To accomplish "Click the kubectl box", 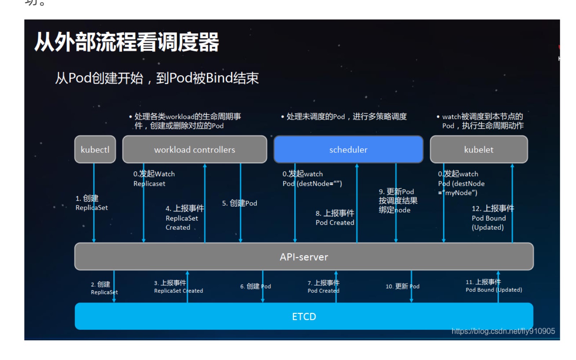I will pyautogui.click(x=95, y=149).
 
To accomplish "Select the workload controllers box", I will pyautogui.click(x=195, y=149).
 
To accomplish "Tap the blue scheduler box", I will pyautogui.click(x=348, y=149).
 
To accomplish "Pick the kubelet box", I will pyautogui.click(x=479, y=149).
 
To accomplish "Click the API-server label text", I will pyautogui.click(x=304, y=257).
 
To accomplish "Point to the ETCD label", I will pyautogui.click(x=304, y=316).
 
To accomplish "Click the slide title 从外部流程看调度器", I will pyautogui.click(x=126, y=42).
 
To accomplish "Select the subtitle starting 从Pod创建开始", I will pyautogui.click(x=157, y=78).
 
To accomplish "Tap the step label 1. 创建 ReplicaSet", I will pyautogui.click(x=91, y=203).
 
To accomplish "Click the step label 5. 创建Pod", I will pyautogui.click(x=240, y=203).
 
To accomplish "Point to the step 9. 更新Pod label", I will pyautogui.click(x=398, y=201).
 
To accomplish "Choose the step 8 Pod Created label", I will pyautogui.click(x=335, y=218).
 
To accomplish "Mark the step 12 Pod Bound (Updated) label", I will pyautogui.click(x=492, y=218).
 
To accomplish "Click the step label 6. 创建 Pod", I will pyautogui.click(x=255, y=286).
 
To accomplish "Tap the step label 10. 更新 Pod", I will pyautogui.click(x=402, y=286).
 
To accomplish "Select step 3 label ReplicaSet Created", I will pyautogui.click(x=178, y=287).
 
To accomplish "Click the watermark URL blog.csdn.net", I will pyautogui.click(x=503, y=331).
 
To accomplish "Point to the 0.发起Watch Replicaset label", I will pyautogui.click(x=154, y=179).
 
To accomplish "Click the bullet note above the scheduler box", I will pyautogui.click(x=344, y=117).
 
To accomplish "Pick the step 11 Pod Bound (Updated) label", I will pyautogui.click(x=494, y=286).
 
